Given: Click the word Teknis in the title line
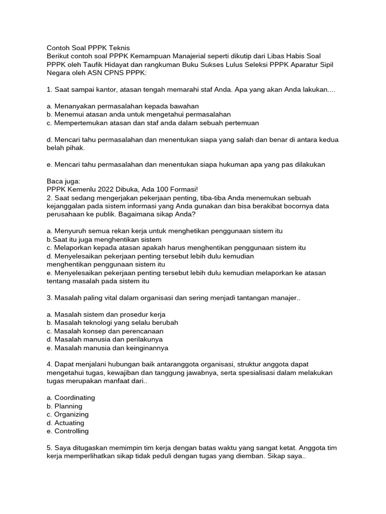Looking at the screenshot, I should click(118, 47).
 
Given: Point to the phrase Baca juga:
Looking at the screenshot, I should click(63, 181).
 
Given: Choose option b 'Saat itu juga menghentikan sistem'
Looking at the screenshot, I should click(104, 239).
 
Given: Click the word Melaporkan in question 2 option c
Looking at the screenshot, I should click(73, 247).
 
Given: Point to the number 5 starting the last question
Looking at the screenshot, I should click(48, 448).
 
